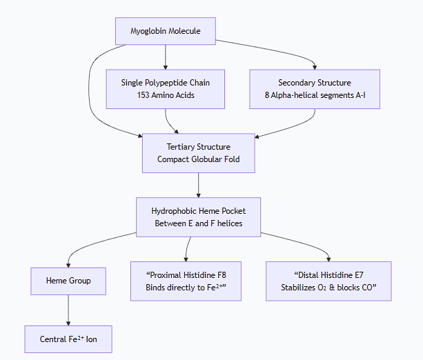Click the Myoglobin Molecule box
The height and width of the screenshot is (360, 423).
[x=165, y=31]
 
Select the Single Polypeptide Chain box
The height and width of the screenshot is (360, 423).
[x=165, y=89]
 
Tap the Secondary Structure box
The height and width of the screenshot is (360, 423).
[x=314, y=89]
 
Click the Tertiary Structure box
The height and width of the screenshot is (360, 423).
[x=198, y=153]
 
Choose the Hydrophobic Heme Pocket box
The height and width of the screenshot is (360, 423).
[x=198, y=217]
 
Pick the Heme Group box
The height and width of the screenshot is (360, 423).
[x=68, y=281]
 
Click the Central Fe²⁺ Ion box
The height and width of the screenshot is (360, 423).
[x=68, y=339]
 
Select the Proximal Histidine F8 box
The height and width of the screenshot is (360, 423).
[x=186, y=281]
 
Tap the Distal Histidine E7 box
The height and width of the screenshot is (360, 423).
[x=328, y=281]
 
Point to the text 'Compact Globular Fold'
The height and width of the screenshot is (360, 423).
[x=198, y=159]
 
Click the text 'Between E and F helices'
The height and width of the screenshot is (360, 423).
[x=198, y=223]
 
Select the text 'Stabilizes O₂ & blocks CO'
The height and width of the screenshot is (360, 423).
[x=328, y=287]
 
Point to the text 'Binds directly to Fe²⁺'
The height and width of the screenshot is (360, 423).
[x=186, y=287]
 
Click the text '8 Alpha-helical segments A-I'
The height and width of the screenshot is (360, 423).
[x=314, y=95]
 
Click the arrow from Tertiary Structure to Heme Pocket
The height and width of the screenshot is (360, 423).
[x=198, y=185]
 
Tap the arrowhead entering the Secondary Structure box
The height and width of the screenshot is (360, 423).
[x=315, y=66]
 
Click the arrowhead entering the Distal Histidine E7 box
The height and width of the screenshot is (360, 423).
[x=328, y=258]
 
